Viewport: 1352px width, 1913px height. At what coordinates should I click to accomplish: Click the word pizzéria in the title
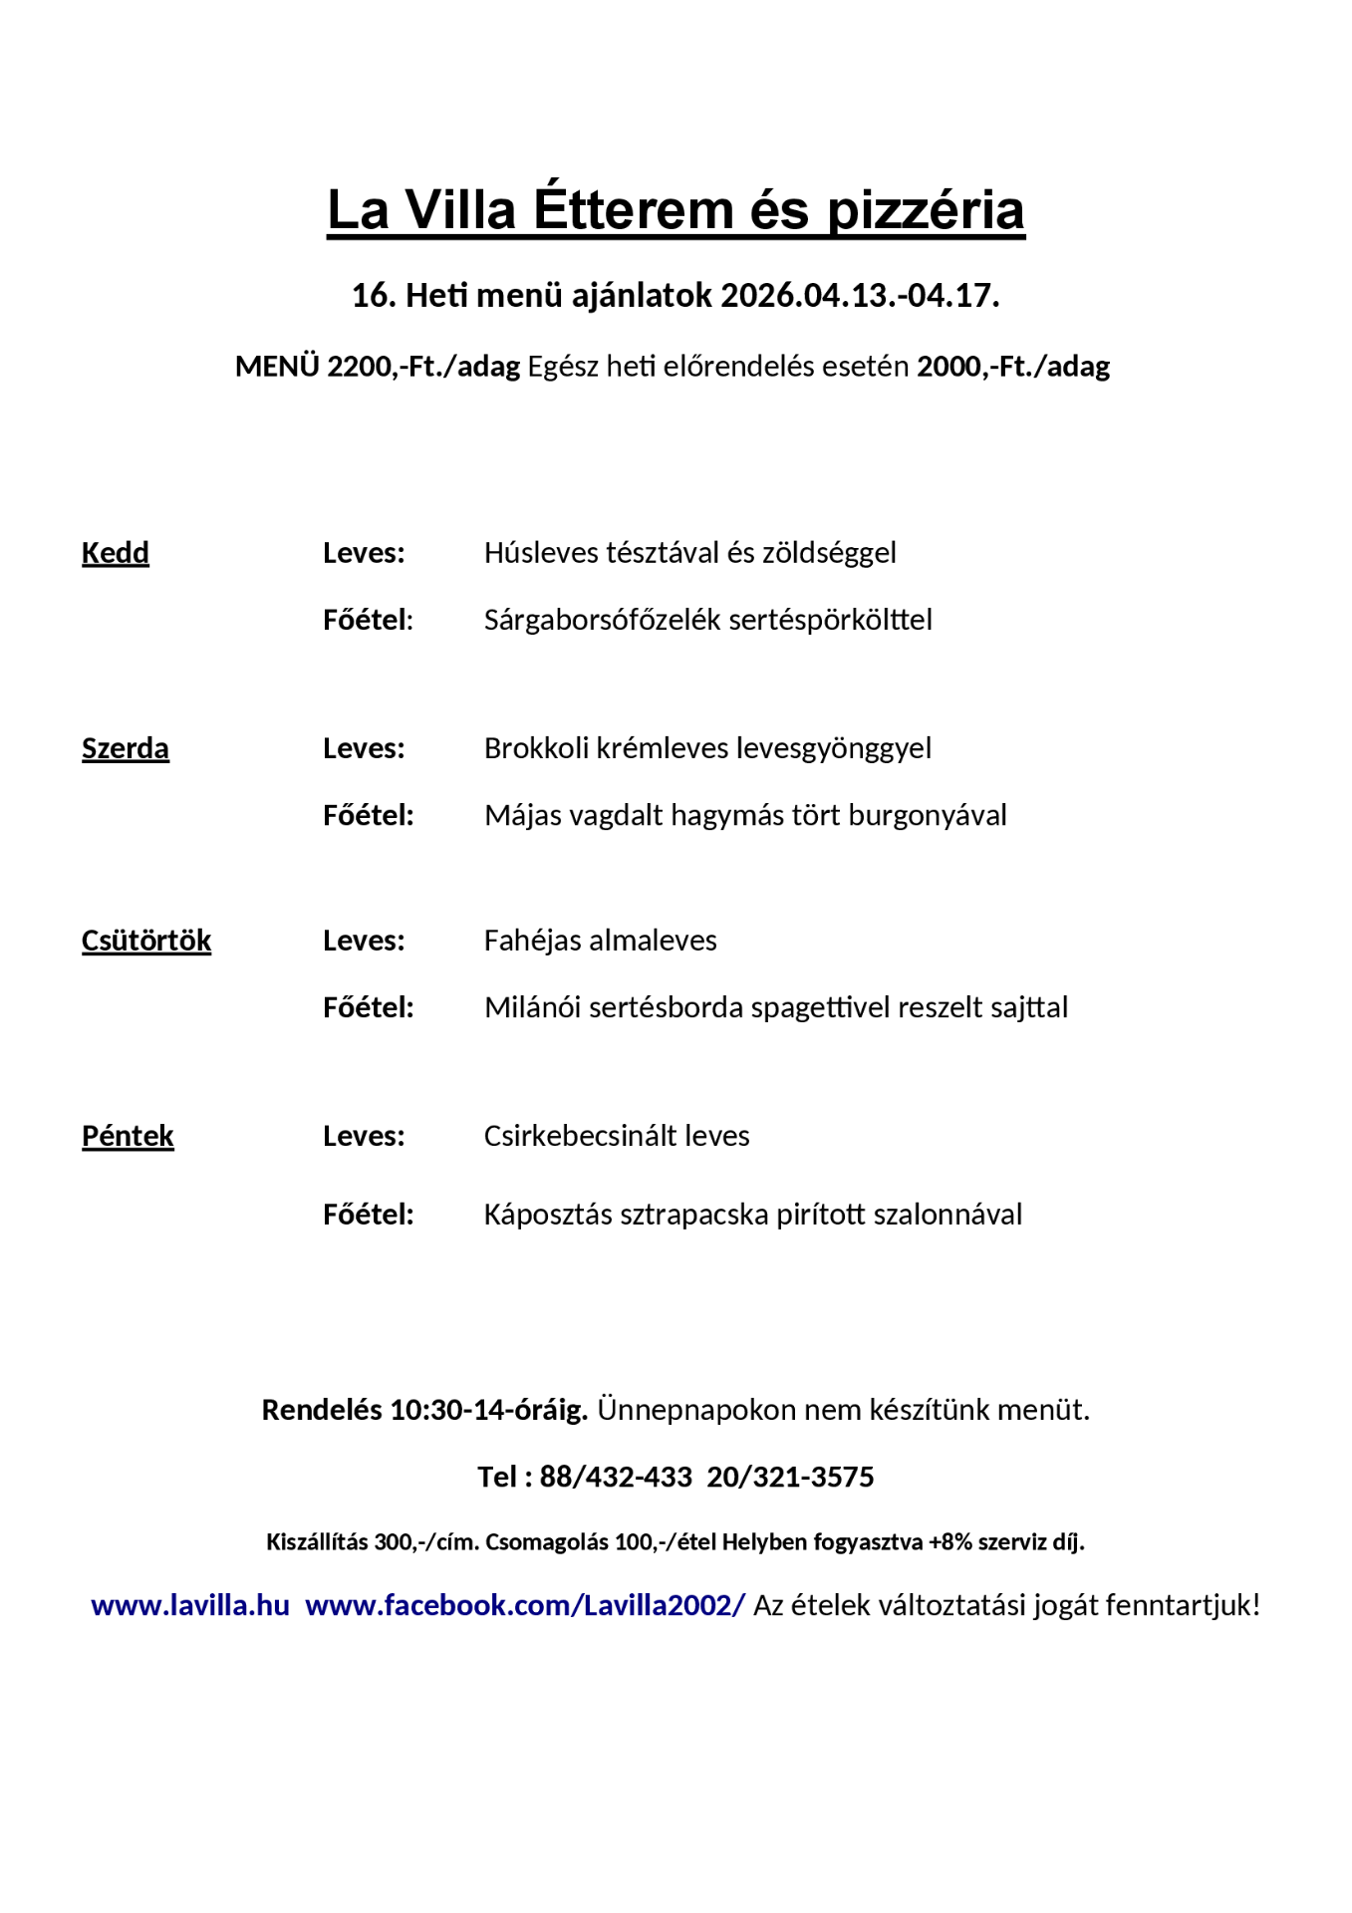[926, 210]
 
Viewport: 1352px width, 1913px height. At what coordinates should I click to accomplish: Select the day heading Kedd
[116, 553]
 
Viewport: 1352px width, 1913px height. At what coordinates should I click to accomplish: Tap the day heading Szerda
[126, 748]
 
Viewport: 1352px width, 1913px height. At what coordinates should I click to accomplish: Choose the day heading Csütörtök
[146, 941]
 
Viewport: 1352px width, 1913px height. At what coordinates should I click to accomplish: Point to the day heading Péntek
[128, 1136]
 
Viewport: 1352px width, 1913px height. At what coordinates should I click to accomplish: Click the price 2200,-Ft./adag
[423, 367]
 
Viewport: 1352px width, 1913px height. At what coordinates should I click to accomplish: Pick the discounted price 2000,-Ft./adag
[1013, 367]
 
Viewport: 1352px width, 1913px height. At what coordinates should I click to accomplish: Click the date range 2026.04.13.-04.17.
[860, 296]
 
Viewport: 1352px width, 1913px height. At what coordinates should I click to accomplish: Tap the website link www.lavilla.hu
[190, 1605]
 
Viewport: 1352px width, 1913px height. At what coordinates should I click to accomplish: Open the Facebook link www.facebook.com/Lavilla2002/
[525, 1605]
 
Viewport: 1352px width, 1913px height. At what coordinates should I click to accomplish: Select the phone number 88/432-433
[616, 1477]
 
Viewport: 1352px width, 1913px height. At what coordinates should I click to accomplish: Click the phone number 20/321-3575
[790, 1477]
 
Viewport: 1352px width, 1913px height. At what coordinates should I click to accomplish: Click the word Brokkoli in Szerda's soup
[536, 748]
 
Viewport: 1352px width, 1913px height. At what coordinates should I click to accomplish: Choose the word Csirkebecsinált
[580, 1136]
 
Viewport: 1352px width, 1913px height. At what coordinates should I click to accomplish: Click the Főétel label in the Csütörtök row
[368, 1007]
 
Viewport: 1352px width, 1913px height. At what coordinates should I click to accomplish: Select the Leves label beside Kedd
[364, 553]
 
